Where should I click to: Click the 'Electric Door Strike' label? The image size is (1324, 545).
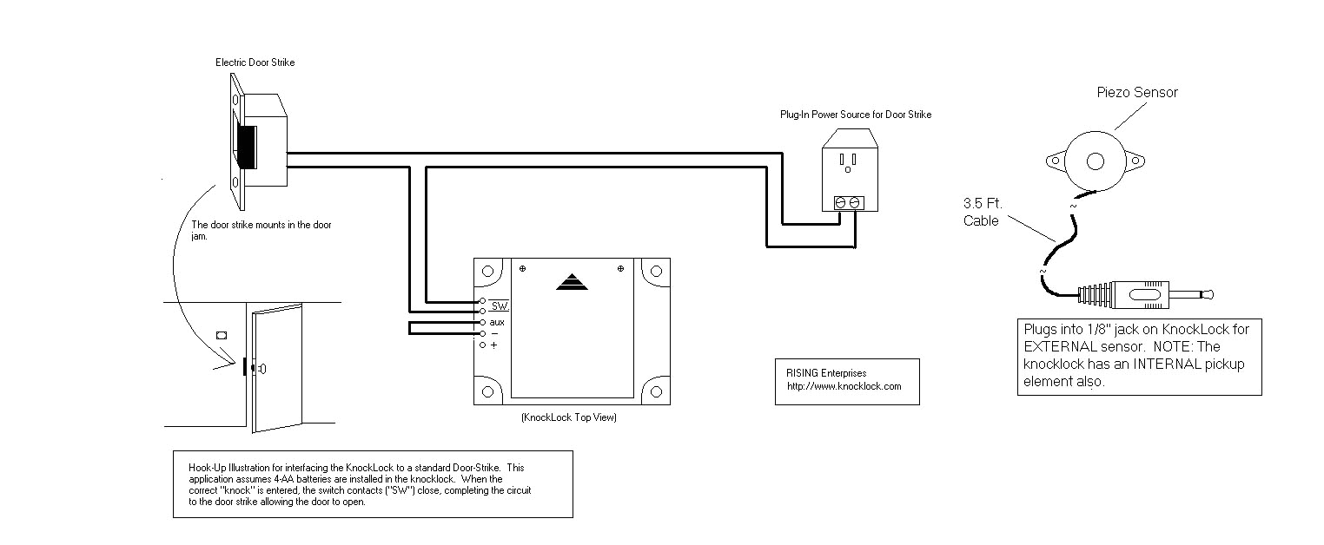tap(255, 62)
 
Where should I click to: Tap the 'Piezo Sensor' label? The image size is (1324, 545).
tap(1138, 93)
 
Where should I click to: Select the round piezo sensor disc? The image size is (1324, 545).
tap(1094, 161)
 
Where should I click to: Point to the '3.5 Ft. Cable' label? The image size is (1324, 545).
tap(983, 213)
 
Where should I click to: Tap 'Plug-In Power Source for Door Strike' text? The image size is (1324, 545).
tap(855, 115)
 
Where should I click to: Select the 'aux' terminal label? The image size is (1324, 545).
tap(497, 322)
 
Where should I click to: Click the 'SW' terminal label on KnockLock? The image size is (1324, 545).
tap(499, 306)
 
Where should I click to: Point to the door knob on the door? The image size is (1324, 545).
tap(261, 368)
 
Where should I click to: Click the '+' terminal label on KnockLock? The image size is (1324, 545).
tap(493, 345)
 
